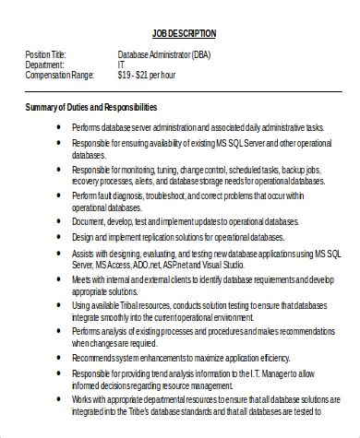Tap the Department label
(44, 65)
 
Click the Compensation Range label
(57, 75)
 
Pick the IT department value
(122, 65)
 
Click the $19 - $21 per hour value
(148, 75)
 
